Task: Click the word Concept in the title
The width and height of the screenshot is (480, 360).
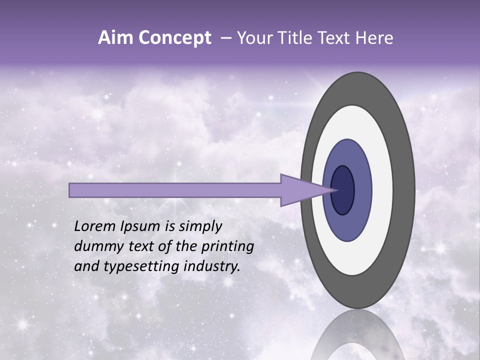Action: [174, 38]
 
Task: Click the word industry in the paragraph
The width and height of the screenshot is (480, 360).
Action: [212, 266]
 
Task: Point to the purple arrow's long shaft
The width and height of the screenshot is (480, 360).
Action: [175, 190]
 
